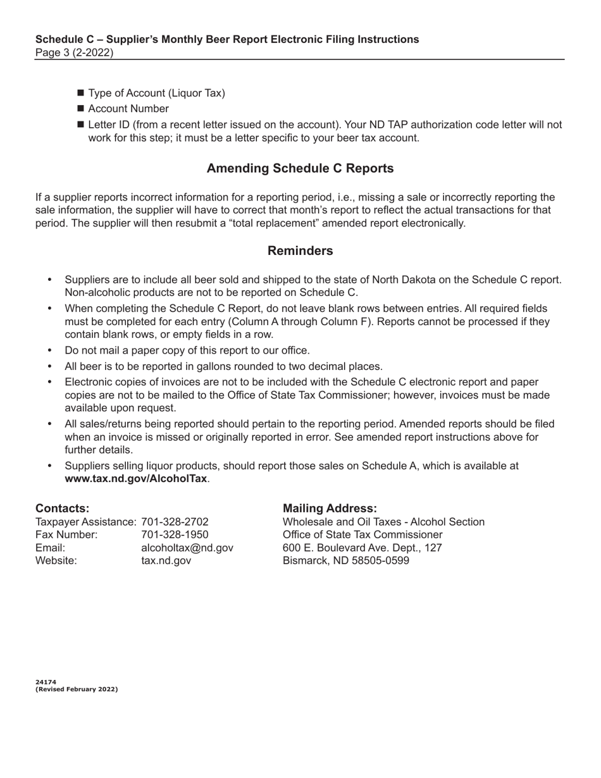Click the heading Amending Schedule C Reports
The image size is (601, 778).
pos(300,168)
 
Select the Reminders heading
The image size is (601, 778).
pos(300,250)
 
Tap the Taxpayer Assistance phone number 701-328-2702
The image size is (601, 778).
pos(175,522)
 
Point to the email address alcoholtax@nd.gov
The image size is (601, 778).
pos(187,548)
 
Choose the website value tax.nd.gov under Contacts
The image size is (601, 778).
pos(166,560)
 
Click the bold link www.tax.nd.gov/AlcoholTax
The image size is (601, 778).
pos(135,479)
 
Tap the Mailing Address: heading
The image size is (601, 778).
pos(330,509)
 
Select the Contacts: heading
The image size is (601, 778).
pos(62,509)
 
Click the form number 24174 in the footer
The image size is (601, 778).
pos(46,682)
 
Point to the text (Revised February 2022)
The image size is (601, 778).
pos(77,689)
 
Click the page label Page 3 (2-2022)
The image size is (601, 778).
pos(75,52)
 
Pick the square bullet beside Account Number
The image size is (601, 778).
pos(80,109)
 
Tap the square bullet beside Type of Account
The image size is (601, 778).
pos(80,94)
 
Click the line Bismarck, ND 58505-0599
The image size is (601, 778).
pos(345,560)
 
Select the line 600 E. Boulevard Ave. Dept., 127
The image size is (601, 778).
pos(362,548)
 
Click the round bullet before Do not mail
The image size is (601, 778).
pos(50,350)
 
